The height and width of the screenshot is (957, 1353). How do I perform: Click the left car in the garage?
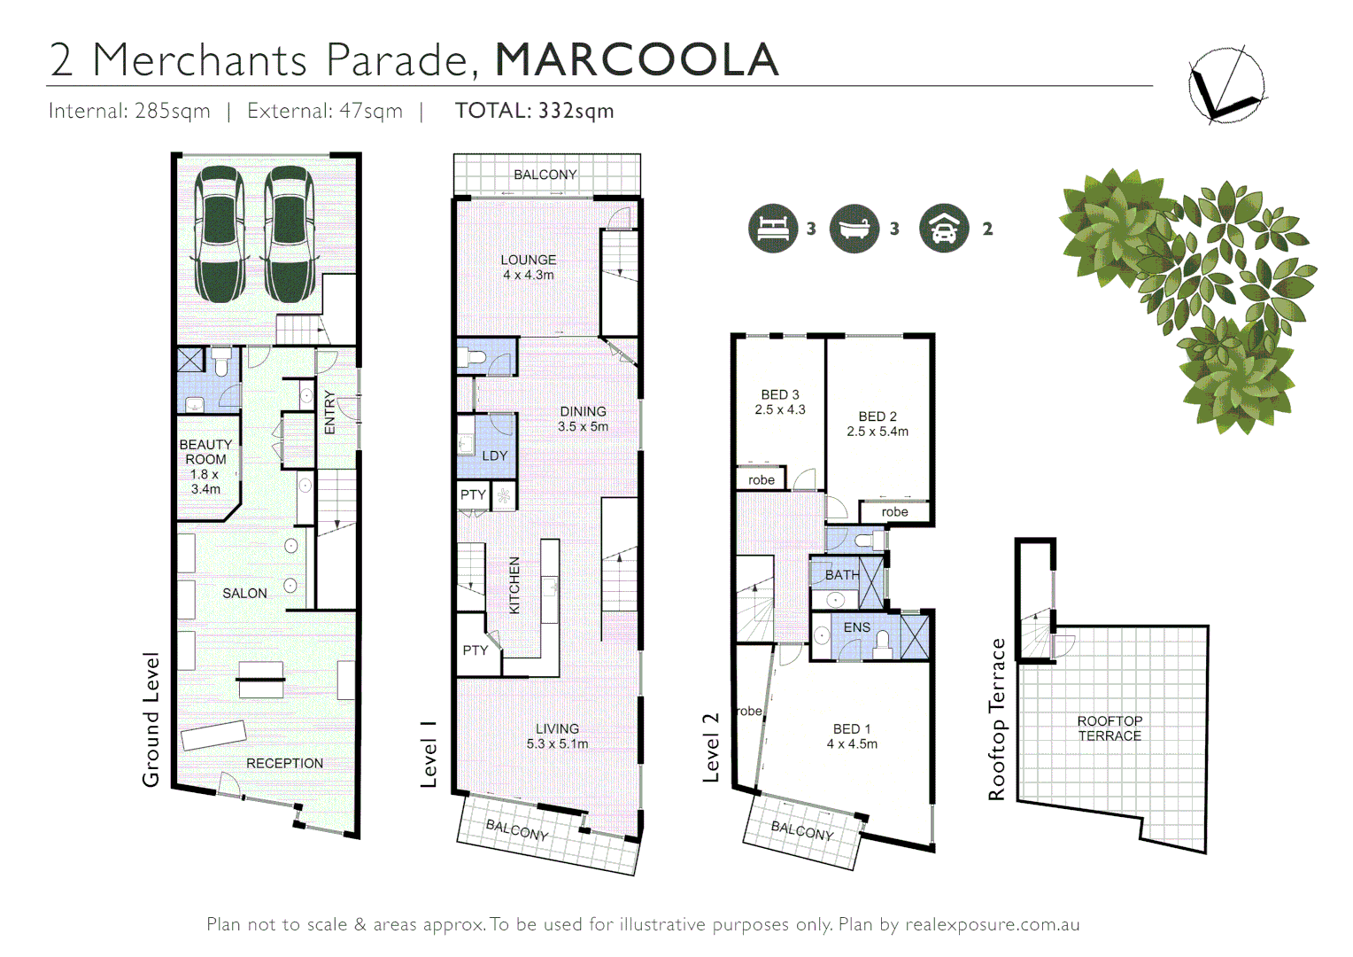[220, 234]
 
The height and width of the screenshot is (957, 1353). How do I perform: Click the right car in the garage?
[289, 234]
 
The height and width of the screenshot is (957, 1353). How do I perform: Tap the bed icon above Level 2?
[772, 229]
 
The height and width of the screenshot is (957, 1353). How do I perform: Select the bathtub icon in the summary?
[854, 229]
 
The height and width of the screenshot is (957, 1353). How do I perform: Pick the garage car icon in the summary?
[944, 229]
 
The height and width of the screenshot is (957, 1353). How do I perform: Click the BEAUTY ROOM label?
[205, 466]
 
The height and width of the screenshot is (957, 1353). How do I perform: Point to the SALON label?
[244, 594]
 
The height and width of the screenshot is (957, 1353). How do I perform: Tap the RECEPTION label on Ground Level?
[284, 763]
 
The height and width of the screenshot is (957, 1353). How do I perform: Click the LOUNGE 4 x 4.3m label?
[529, 267]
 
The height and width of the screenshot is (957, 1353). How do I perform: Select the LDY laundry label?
[494, 455]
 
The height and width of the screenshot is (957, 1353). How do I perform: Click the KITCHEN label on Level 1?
[514, 586]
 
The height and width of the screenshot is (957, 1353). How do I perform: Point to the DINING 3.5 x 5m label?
[583, 418]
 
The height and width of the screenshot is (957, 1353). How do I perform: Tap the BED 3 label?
[780, 401]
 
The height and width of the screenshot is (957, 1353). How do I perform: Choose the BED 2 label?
[878, 424]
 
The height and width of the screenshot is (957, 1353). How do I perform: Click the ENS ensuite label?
[856, 627]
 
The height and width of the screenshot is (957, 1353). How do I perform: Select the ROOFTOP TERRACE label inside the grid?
[1109, 728]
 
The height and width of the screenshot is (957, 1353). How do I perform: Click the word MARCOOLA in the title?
[637, 60]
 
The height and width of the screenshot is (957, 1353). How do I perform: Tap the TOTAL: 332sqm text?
[534, 111]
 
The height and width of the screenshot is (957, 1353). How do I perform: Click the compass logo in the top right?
[1225, 85]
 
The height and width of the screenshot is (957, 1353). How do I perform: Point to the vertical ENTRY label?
[329, 412]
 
